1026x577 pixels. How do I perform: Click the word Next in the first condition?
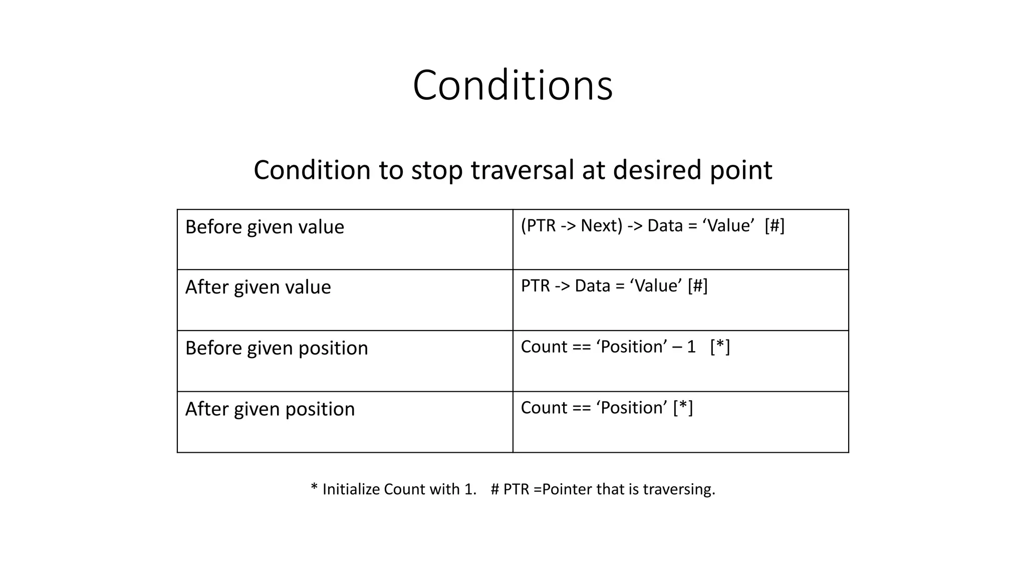601,226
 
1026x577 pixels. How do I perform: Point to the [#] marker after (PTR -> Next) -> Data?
775,226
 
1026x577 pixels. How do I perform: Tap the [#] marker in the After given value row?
697,286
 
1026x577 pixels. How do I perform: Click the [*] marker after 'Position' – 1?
720,347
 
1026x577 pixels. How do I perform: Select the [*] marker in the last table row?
683,408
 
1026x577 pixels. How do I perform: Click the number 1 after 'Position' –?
691,347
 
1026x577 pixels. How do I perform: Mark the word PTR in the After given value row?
536,286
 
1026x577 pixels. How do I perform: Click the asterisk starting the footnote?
314,488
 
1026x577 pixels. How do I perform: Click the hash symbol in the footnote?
495,489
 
